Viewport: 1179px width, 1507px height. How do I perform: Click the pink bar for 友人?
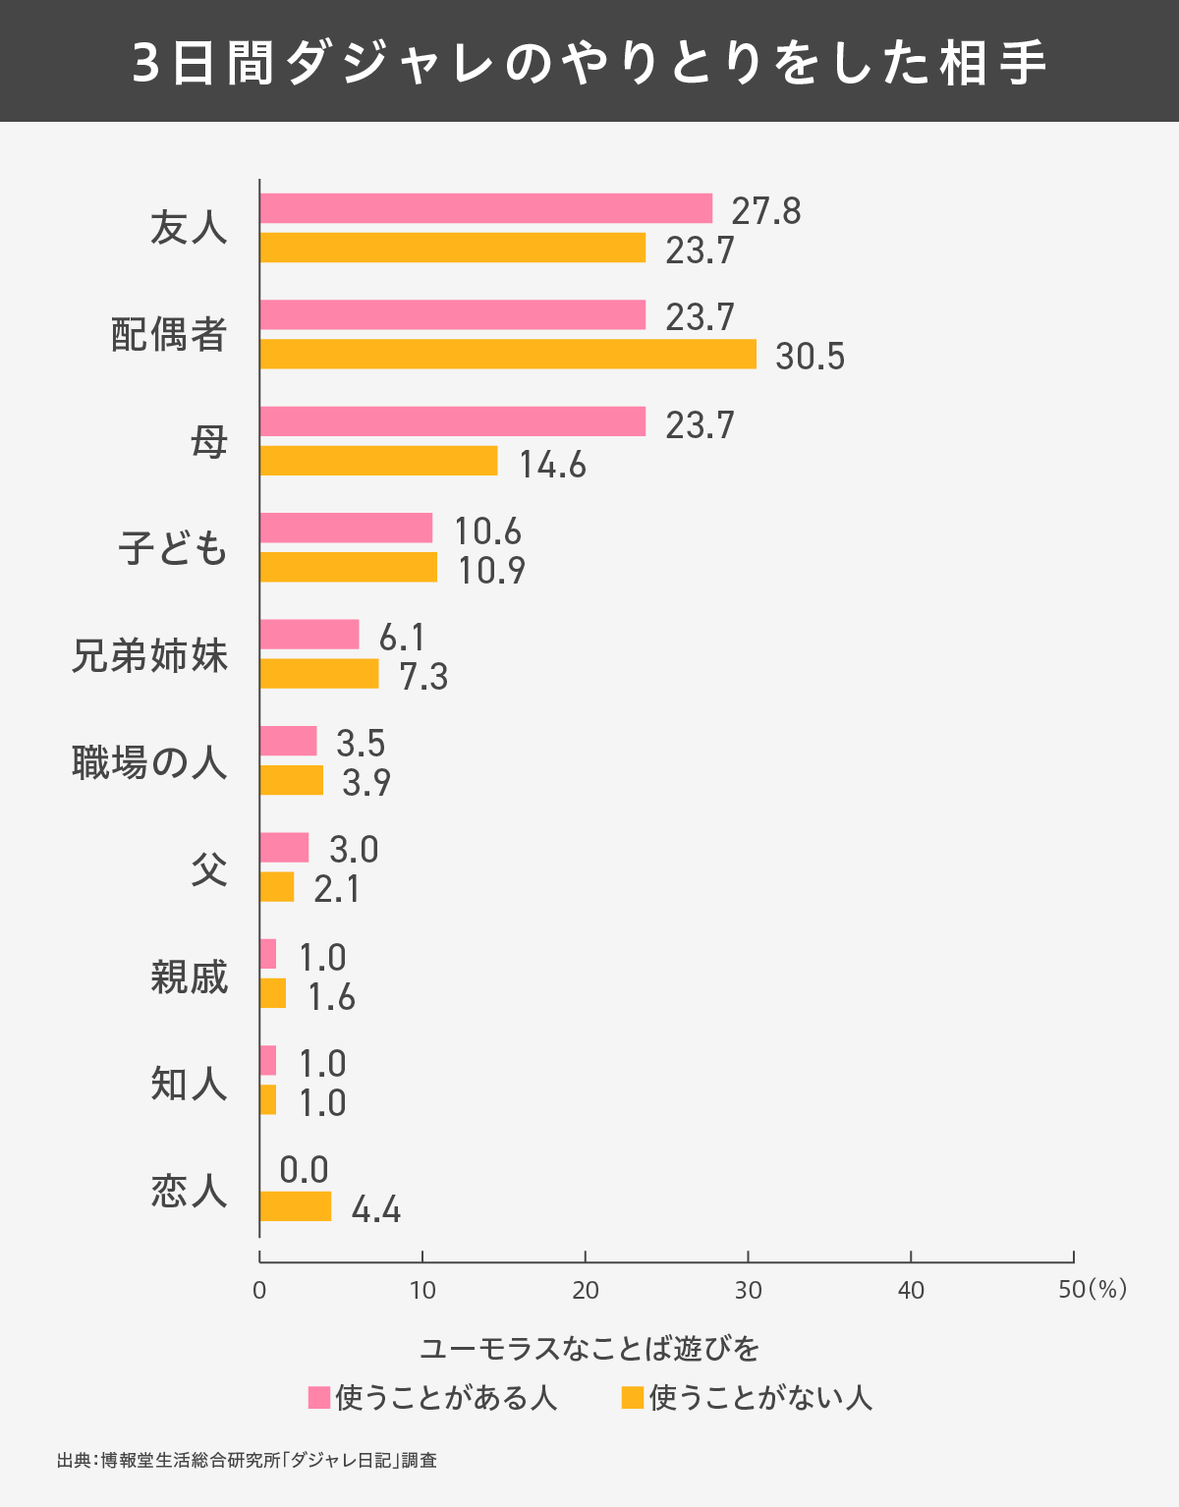tap(486, 208)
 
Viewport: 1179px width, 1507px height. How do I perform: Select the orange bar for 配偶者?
tap(508, 354)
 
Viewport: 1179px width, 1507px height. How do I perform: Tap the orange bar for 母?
tap(379, 461)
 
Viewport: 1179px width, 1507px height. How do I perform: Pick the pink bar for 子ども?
tap(346, 528)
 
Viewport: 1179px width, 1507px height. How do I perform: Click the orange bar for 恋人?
tap(296, 1206)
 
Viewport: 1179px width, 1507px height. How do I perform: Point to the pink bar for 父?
tap(284, 847)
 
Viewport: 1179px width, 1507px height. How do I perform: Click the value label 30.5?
tap(810, 357)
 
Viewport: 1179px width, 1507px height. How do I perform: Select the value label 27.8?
tap(766, 211)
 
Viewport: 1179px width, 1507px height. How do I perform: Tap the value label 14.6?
tap(552, 465)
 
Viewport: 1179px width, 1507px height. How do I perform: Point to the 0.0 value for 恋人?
tap(304, 1170)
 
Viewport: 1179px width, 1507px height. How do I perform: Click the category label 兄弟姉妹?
tap(149, 656)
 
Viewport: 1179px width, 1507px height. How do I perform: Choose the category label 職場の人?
tap(149, 762)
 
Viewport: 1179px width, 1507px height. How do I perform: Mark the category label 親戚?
tap(189, 977)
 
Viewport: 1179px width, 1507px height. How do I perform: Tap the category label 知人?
tap(189, 1084)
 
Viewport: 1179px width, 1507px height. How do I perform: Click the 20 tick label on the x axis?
tap(586, 1290)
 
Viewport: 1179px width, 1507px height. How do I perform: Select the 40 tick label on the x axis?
tap(911, 1290)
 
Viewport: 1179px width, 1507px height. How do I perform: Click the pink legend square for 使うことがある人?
tap(318, 1397)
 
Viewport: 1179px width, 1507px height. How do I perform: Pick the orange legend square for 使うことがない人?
tap(632, 1397)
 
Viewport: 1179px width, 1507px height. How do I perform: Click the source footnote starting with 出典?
tap(247, 1460)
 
